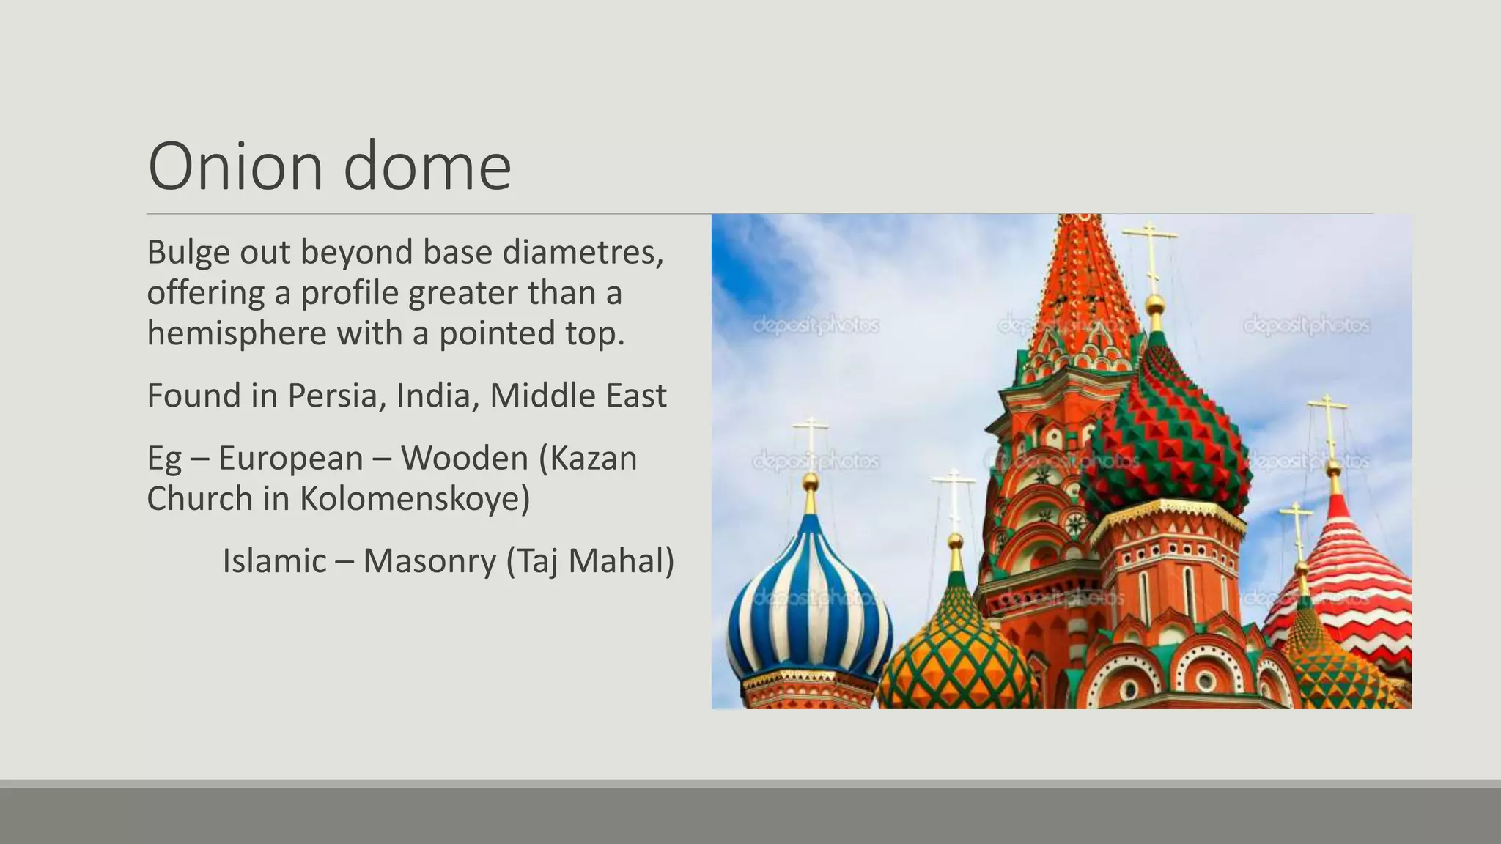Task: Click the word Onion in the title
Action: [x=235, y=166]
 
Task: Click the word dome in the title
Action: [x=427, y=166]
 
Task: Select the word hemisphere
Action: [x=236, y=333]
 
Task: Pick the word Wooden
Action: [x=464, y=459]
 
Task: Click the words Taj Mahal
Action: [x=590, y=561]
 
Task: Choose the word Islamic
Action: [x=274, y=561]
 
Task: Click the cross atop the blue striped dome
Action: [x=811, y=440]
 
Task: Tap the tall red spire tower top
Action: [x=1077, y=278]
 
